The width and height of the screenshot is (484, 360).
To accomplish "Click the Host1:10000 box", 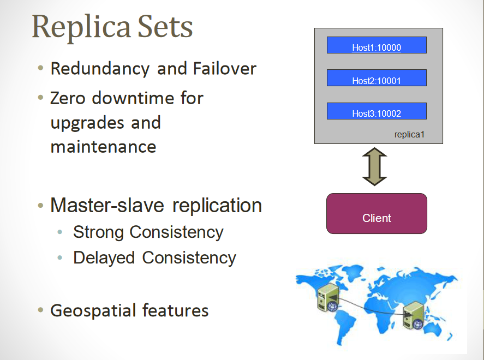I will [377, 45].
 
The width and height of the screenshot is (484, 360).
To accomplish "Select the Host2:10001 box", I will [377, 78].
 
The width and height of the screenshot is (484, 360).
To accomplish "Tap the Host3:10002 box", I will [377, 111].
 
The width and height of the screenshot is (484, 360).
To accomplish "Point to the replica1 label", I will [409, 134].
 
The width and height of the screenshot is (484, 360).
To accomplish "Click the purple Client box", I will [377, 214].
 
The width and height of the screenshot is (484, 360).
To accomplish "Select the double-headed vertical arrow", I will [374, 167].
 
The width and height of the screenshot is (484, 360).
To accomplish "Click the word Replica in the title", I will [76, 26].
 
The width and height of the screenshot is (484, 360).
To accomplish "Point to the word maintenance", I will [103, 146].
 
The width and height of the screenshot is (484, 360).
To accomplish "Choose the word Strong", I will [99, 232].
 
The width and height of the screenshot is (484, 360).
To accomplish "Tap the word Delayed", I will [105, 257].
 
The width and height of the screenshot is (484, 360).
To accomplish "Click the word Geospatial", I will [93, 311].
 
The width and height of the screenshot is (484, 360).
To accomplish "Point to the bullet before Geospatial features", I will [40, 310].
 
